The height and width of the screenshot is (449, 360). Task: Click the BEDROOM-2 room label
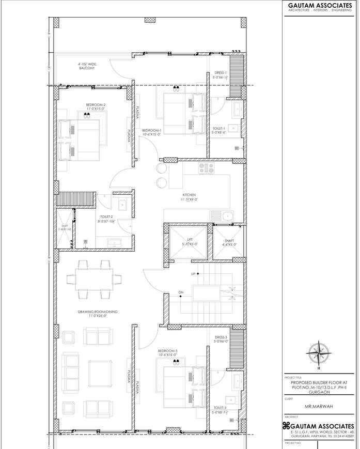pyautogui.click(x=96, y=105)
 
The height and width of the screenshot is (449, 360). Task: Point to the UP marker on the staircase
pyautogui.click(x=193, y=274)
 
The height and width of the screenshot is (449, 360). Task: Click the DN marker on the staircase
pyautogui.click(x=181, y=293)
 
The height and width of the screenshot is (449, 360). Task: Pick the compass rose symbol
pyautogui.click(x=319, y=354)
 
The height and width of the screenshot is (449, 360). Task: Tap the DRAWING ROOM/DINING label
pyautogui.click(x=95, y=312)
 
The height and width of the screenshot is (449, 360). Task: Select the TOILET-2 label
pyautogui.click(x=106, y=218)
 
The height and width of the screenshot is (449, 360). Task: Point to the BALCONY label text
pyautogui.click(x=87, y=68)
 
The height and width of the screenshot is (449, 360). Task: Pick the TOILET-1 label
pyautogui.click(x=218, y=128)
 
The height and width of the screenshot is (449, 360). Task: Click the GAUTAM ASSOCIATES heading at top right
pyautogui.click(x=320, y=5)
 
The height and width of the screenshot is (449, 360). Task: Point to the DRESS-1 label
pyautogui.click(x=221, y=73)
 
